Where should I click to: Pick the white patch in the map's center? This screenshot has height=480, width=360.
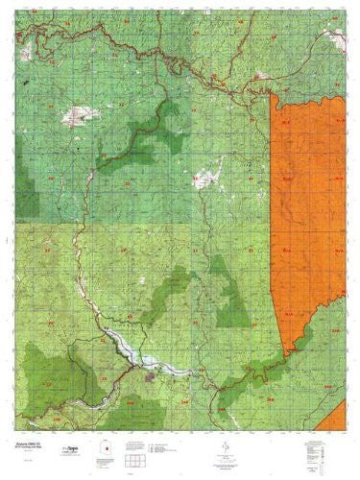[x=204, y=179]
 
